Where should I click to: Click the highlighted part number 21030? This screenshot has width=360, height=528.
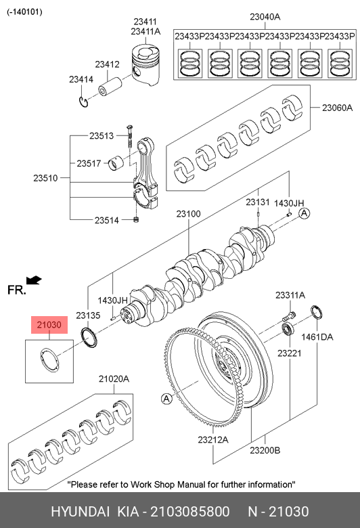[49, 325]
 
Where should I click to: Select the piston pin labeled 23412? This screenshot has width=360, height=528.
[110, 87]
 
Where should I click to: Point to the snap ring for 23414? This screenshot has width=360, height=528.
[83, 102]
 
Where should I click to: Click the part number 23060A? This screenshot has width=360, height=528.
[337, 108]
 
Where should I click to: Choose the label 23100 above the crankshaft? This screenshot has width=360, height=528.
[188, 214]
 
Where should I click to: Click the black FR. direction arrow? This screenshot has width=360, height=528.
[34, 280]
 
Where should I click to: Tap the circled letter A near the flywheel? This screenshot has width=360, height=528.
[166, 399]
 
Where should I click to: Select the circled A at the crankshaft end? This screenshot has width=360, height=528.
[304, 213]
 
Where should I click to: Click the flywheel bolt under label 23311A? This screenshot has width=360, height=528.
[289, 316]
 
